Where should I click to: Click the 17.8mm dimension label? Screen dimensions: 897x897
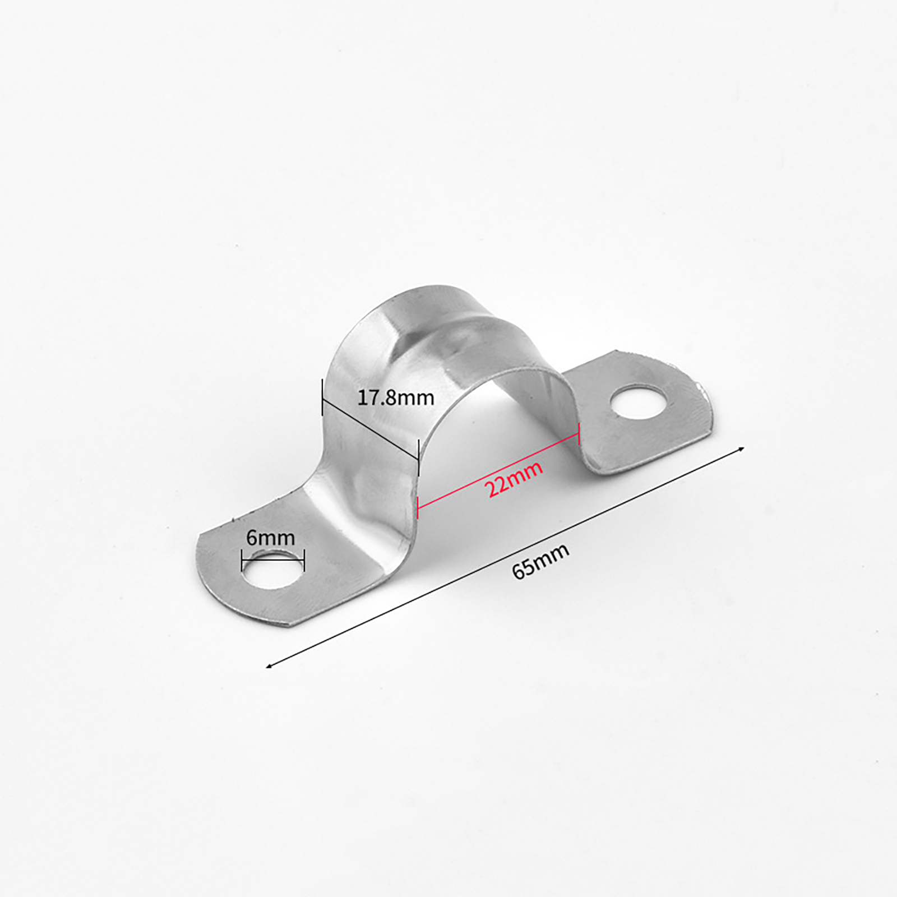[396, 397]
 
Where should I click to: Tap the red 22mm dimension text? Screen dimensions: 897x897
[514, 479]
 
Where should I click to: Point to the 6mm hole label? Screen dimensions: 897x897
[270, 538]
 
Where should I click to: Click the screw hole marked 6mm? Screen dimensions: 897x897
[272, 569]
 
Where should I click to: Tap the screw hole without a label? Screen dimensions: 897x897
[640, 401]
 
